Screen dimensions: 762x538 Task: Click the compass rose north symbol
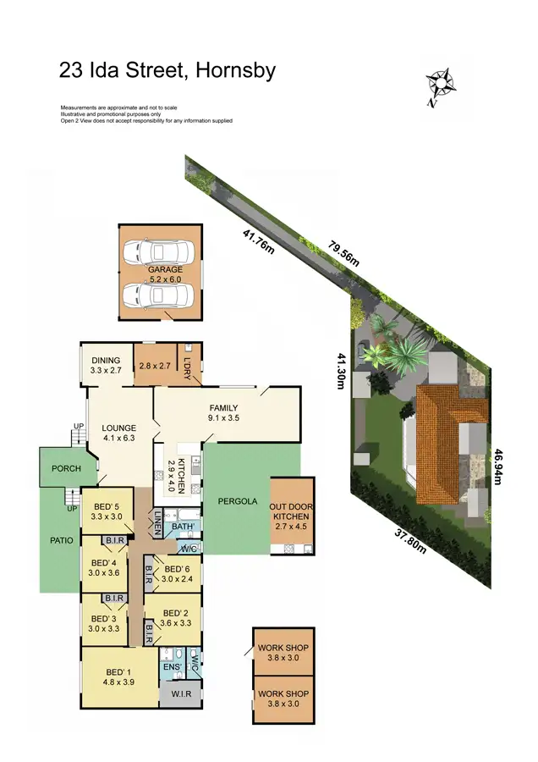click(x=441, y=85)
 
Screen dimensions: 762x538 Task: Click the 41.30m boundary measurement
click(x=342, y=371)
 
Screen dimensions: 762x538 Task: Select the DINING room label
click(x=106, y=360)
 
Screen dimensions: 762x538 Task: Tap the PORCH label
click(x=66, y=468)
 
